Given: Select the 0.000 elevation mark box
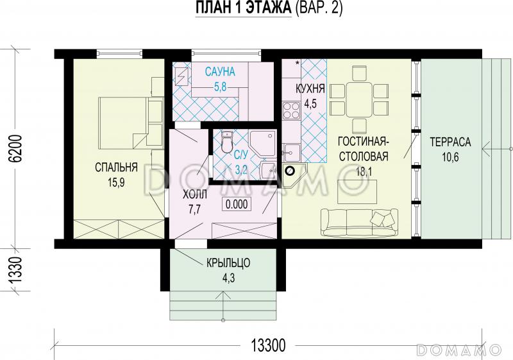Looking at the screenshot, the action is point(237,204).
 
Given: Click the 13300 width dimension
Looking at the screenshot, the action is point(269,345).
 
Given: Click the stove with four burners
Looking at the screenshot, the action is point(291,110).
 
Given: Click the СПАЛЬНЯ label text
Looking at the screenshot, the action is point(116,167).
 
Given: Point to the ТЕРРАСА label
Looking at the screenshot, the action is point(450,142).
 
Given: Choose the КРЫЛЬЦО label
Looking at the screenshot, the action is point(228,263).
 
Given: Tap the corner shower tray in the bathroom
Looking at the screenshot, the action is point(263,143).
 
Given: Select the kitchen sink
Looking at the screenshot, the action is point(291,153).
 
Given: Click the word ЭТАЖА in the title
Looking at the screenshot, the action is point(268,8).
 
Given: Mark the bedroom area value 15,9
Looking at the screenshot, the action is point(116,182).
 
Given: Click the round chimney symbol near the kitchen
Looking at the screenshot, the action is point(290,171).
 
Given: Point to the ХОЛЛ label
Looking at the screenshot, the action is point(195,195).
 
